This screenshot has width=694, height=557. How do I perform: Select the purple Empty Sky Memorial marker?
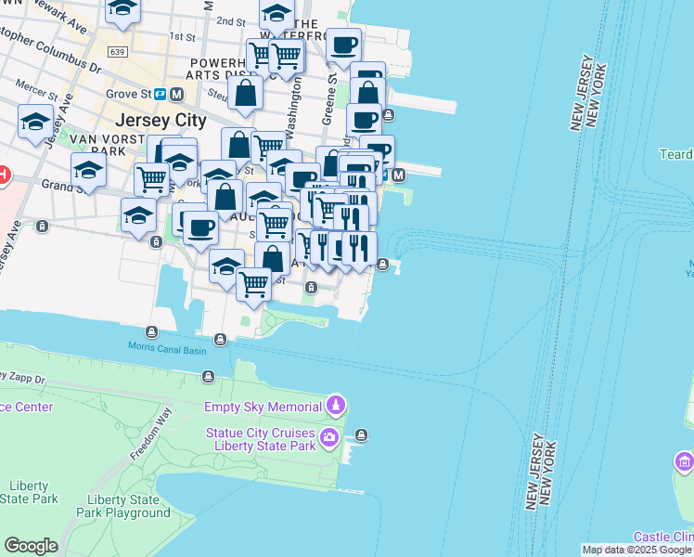(336, 407)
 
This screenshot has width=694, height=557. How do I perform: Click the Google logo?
(31, 546)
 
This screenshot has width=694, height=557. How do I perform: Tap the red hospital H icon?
(3, 174)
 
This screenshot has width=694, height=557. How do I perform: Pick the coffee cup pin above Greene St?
(343, 45)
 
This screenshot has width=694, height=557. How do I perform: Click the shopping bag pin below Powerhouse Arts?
(246, 94)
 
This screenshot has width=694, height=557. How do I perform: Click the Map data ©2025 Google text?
(636, 550)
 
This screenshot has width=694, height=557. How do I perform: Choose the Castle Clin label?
(662, 538)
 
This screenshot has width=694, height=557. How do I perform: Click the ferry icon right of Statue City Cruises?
(362, 434)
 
